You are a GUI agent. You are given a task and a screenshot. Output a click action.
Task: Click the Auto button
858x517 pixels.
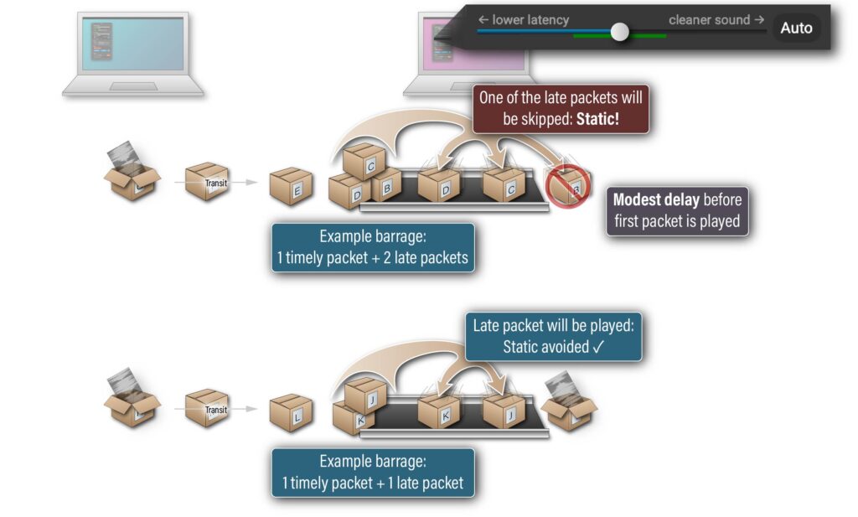point(795,28)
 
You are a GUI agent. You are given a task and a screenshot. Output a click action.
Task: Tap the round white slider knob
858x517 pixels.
point(620,32)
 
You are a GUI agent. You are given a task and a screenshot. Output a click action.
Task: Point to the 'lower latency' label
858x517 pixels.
point(524,19)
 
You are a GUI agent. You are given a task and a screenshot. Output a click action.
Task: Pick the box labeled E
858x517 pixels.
point(291,187)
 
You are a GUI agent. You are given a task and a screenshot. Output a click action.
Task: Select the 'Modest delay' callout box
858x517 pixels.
point(677,211)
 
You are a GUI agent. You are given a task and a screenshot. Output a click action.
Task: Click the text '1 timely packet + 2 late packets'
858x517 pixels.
point(373,257)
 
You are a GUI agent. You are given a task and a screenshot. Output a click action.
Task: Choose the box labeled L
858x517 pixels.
point(291,411)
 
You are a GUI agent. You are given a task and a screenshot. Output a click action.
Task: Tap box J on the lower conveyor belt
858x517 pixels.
point(504,410)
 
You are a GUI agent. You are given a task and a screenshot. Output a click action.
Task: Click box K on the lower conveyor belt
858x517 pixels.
point(439,411)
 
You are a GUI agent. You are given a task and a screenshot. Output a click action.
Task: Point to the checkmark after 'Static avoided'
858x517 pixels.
point(597,346)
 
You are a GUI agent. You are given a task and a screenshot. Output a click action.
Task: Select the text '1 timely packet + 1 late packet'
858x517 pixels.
point(373,483)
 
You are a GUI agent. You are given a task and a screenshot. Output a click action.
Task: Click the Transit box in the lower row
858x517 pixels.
point(207,407)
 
